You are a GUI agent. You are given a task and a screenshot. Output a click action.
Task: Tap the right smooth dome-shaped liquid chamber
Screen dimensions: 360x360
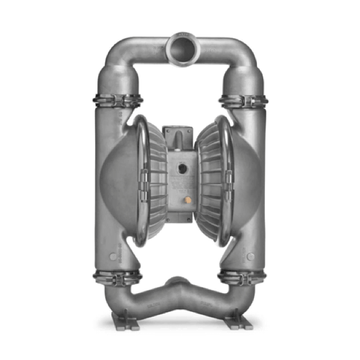(x=245, y=178)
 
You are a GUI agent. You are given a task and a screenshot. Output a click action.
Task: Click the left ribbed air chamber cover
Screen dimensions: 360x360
(x=154, y=177)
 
